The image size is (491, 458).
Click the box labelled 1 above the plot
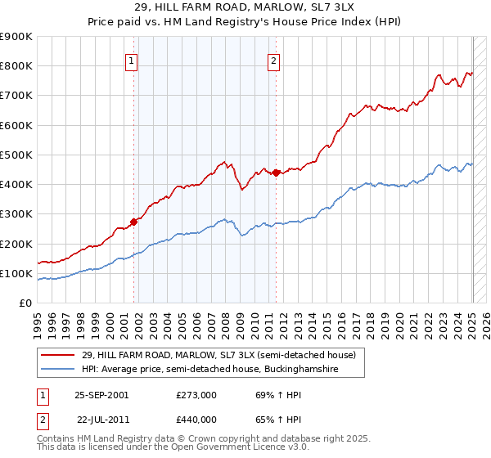tap(131, 59)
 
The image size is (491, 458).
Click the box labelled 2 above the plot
tap(273, 59)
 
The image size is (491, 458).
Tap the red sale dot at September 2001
tap(133, 222)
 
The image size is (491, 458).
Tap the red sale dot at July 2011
tap(276, 173)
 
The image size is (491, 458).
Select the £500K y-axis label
tap(16, 155)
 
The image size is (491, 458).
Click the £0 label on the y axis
tap(25, 303)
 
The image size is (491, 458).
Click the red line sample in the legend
tap(58, 356)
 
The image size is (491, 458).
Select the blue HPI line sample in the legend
tap(58, 370)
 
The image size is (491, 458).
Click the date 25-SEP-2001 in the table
tap(101, 395)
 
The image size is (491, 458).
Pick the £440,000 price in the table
tap(196, 420)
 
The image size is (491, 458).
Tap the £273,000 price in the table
tap(196, 395)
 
